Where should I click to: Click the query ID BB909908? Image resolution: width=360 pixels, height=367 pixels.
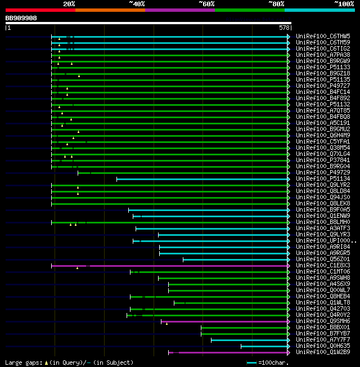pos(21,18)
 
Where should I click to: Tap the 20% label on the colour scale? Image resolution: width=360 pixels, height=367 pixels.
pos(69,4)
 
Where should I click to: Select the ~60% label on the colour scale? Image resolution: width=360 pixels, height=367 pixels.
pos(206,4)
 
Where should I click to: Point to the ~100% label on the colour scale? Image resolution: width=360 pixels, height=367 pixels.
pos(344,4)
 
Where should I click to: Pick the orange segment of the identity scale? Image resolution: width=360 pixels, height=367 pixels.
pos(110,10)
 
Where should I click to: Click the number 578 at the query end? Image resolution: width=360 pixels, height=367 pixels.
pos(285,27)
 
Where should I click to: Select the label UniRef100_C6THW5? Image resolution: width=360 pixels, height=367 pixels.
pos(323,37)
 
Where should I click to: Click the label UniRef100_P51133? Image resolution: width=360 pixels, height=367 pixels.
pos(323,68)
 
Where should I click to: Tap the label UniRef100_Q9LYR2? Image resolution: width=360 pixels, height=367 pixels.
pos(323,185)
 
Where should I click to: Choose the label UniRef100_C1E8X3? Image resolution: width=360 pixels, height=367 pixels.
pos(323,266)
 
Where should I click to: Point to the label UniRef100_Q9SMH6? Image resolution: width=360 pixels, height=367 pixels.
pos(323,321)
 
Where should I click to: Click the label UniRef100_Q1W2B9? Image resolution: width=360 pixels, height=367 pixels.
pos(323,352)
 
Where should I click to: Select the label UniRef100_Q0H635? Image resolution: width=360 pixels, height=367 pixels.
pos(323,346)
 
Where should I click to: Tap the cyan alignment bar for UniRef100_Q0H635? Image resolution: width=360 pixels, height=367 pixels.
pos(264,346)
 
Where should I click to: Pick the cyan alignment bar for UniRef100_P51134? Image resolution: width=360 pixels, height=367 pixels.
pos(202,179)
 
